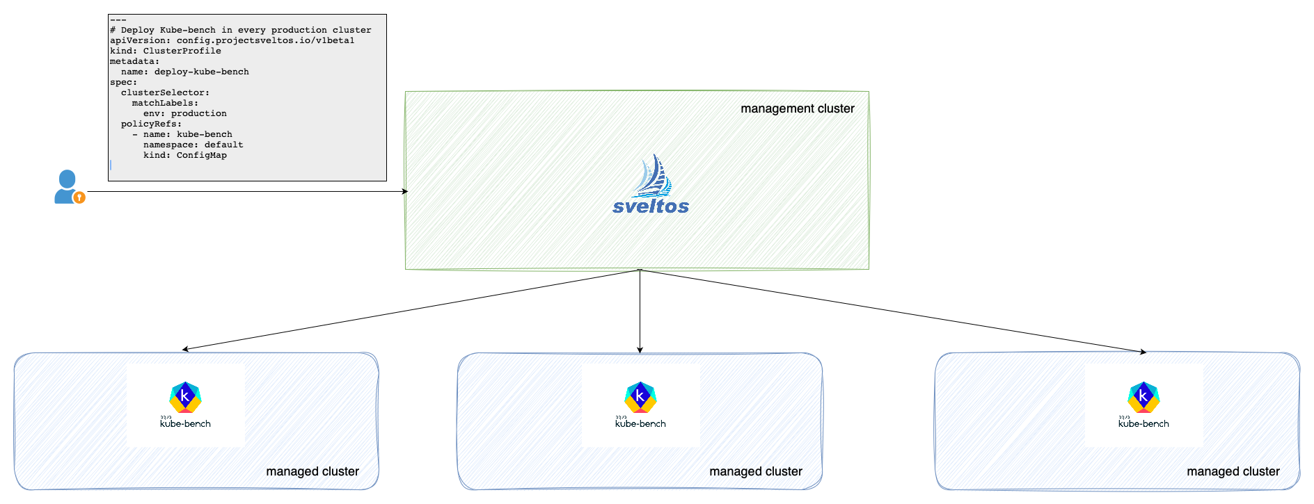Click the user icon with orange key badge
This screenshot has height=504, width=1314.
[x=68, y=186]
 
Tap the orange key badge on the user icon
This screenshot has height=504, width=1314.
[x=79, y=197]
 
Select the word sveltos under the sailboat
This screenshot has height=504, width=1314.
[x=651, y=206]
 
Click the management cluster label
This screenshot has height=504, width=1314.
[x=797, y=108]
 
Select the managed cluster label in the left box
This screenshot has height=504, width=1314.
[x=312, y=471]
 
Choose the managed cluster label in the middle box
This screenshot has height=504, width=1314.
[x=756, y=471]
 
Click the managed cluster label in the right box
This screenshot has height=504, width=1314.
[x=1233, y=471]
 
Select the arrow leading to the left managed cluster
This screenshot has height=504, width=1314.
[x=411, y=310]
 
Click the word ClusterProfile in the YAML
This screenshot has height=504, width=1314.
[x=182, y=51]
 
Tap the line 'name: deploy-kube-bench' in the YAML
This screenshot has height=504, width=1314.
[x=184, y=72]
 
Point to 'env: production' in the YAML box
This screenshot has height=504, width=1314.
[x=184, y=113]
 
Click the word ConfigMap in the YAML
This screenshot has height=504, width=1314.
[x=202, y=155]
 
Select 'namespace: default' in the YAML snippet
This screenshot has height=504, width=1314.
[x=193, y=145]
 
